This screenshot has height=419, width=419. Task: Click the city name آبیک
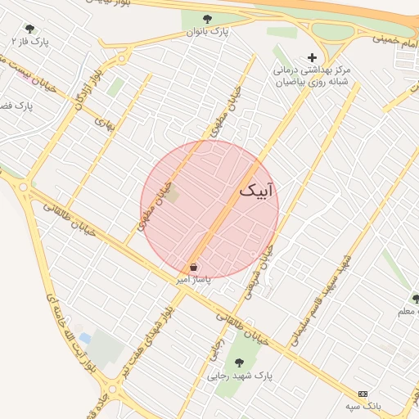(257, 190)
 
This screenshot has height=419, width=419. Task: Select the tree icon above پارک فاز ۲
(30, 29)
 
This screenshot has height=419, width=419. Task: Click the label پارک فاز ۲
(30, 41)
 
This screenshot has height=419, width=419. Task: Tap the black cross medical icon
(311, 57)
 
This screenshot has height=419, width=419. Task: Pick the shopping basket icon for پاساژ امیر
(194, 267)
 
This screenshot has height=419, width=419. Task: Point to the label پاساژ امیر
(195, 279)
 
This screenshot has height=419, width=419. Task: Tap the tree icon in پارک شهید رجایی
(240, 362)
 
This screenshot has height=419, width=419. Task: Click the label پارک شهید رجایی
(239, 376)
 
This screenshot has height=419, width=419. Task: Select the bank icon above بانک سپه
(363, 394)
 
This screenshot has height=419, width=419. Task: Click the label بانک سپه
(363, 406)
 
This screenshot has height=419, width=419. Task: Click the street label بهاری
(104, 124)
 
